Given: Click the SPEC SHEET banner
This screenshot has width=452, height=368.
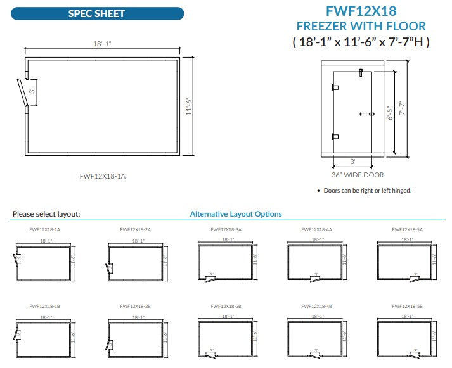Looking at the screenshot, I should click(97, 13).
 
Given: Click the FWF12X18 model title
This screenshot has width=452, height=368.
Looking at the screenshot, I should click(361, 10).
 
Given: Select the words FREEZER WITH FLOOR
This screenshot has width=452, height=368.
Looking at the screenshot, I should click(361, 27).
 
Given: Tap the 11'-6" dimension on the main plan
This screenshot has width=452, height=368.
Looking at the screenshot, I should click(188, 106).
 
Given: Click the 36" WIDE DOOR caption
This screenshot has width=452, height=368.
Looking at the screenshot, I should click(357, 175).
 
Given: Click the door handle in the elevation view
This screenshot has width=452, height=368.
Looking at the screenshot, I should click(367, 114).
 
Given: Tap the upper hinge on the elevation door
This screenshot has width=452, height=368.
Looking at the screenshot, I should click(335, 88).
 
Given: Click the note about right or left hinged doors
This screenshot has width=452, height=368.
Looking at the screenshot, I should click(364, 190).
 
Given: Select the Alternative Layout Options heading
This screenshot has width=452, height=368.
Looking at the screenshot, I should click(236, 214).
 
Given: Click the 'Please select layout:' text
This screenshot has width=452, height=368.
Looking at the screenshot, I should click(46, 215).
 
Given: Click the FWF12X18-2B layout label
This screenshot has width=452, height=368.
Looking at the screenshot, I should click(135, 306).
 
